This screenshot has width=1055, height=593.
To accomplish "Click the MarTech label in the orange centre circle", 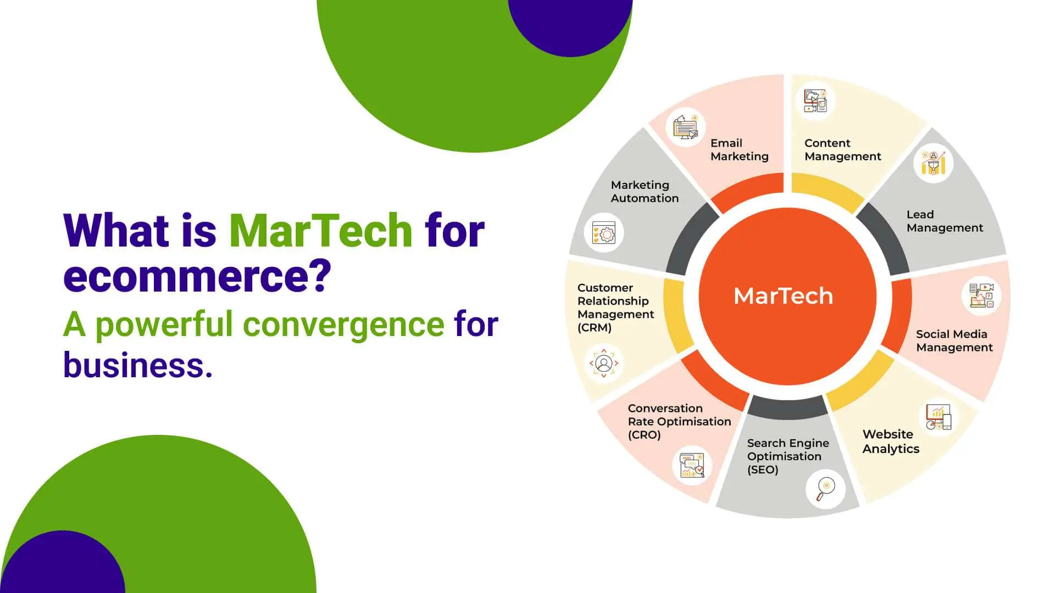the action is (783, 296).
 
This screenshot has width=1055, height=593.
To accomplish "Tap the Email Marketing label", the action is (739, 150).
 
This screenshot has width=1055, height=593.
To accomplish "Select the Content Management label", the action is (842, 150).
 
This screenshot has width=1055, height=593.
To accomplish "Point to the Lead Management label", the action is (945, 221).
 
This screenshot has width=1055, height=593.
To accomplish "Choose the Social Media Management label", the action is (954, 341).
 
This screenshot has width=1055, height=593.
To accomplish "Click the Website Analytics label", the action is (891, 441).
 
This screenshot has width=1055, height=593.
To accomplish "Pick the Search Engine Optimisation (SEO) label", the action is (788, 456).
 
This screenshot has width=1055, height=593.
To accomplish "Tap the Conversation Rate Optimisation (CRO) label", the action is (679, 422).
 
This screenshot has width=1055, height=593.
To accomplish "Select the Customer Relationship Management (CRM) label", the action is (615, 307).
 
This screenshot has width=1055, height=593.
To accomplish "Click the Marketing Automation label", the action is (645, 192).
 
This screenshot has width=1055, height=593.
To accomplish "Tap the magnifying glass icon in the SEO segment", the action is (825, 488).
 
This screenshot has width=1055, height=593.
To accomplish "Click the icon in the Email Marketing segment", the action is (685, 127).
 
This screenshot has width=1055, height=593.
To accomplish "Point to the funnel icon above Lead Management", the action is (933, 163).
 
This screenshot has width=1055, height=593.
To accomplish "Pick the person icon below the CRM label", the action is (603, 363).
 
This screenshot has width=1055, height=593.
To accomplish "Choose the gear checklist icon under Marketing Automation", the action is (604, 233).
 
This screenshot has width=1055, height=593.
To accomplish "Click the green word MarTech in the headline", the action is (320, 230).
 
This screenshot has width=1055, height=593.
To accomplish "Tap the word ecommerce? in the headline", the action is (197, 276).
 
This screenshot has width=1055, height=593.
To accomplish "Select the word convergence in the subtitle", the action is (343, 324).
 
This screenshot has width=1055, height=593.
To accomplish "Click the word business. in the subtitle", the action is (138, 365).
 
